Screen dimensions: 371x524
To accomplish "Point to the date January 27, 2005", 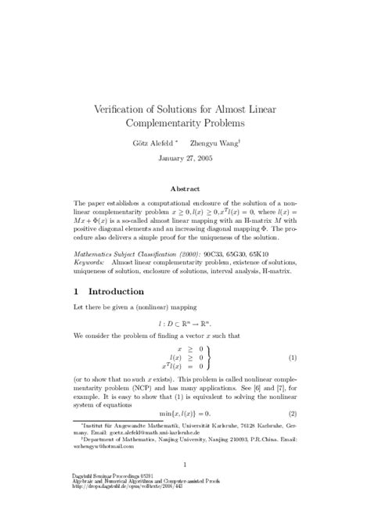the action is (x=185, y=158).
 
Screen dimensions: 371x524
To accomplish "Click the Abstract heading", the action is (x=185, y=188).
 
